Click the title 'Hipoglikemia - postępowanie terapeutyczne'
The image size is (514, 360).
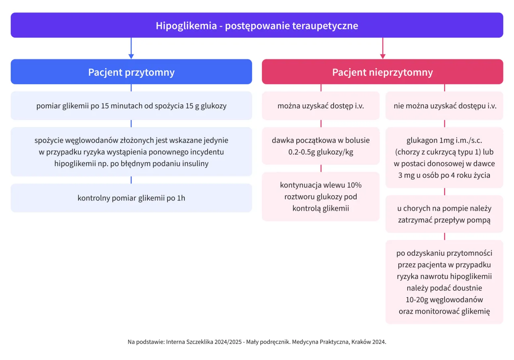tap(257, 26)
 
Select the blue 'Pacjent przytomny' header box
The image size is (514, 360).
tap(131, 72)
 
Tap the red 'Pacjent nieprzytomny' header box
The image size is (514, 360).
tap(382, 72)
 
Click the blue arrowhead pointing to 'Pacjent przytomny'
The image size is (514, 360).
tap(131, 56)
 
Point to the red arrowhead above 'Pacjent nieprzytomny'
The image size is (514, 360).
tap(382, 56)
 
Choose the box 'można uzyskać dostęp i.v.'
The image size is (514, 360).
tap(320, 106)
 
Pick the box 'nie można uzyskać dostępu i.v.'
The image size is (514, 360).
tap(444, 106)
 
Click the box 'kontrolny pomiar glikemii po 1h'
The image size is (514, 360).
tap(131, 198)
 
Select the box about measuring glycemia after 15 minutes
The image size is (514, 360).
tap(131, 106)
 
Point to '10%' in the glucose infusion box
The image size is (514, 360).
tap(354, 185)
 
